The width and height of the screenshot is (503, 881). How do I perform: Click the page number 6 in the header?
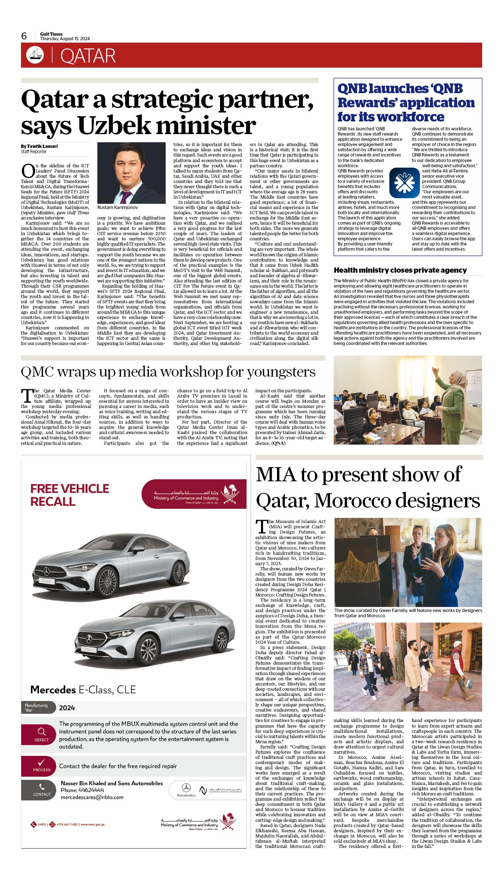click(x=24, y=36)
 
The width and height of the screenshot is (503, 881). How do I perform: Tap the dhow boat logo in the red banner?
click(x=35, y=55)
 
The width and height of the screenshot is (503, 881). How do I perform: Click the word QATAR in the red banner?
click(x=88, y=56)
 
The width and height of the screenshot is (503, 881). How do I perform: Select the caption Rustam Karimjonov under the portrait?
click(x=117, y=207)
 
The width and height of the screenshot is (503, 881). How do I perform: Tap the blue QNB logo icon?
click(x=404, y=183)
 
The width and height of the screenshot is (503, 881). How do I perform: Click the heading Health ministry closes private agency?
click(x=400, y=270)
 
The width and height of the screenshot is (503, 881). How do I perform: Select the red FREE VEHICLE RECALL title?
click(x=70, y=495)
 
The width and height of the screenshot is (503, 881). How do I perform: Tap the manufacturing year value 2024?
click(x=67, y=708)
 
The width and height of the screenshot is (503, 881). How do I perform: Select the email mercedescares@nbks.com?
click(x=92, y=797)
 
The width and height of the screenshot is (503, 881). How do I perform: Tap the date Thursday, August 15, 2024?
click(x=65, y=39)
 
